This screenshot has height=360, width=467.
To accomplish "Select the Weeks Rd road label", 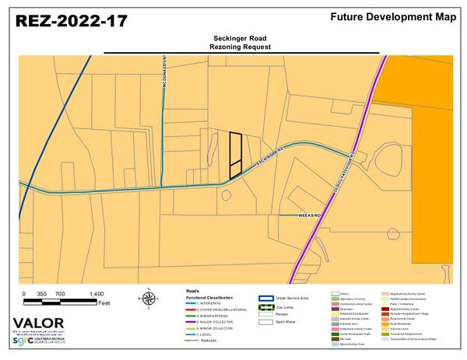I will (x=310, y=215).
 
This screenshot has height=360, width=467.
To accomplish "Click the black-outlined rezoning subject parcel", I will (x=235, y=155).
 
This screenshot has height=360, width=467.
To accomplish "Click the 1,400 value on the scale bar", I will (x=97, y=294).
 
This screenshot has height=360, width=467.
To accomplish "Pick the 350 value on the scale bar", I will (x=42, y=294).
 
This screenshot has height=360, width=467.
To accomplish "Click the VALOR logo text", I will (x=34, y=324).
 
